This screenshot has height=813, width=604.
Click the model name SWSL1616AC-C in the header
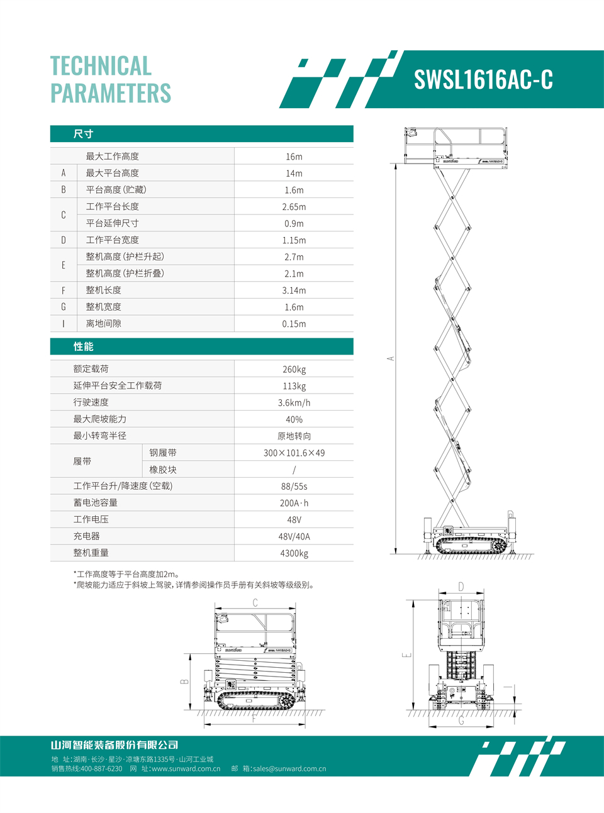click(483, 80)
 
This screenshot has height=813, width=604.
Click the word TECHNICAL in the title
click(101, 66)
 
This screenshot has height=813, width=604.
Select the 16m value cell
click(294, 157)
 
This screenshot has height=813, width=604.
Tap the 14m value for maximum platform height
click(294, 174)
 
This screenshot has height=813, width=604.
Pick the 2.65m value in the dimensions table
click(294, 207)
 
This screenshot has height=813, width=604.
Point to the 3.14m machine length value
click(294, 290)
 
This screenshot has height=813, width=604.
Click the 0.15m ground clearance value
click(294, 324)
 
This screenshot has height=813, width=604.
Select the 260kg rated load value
click(294, 370)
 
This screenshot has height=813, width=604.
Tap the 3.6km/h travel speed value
click(294, 403)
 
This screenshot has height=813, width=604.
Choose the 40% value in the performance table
click(294, 419)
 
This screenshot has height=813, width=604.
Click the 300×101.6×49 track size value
click(294, 453)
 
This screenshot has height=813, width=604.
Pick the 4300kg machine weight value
click(294, 553)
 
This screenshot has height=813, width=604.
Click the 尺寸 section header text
click(83, 134)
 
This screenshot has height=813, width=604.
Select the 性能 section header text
click(83, 346)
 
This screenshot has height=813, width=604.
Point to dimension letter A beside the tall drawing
click(390, 358)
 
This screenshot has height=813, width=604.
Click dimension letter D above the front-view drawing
click(461, 587)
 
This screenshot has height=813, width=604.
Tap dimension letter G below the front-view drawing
click(461, 721)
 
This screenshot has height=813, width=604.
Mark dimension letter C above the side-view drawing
click(255, 603)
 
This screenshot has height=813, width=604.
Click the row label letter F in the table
click(64, 290)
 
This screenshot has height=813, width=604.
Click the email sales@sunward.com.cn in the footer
click(289, 768)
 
